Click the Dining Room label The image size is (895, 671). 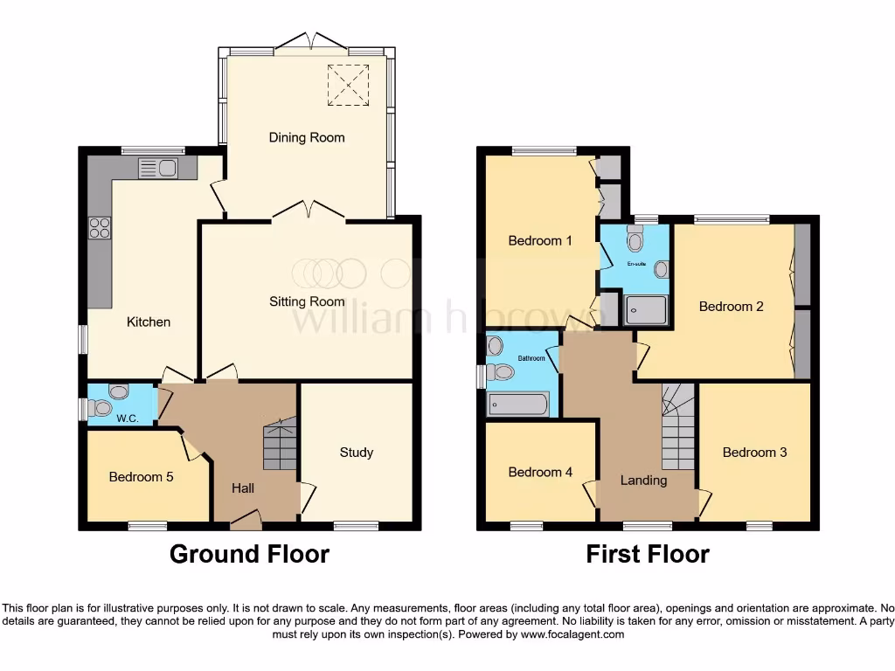click(306, 137)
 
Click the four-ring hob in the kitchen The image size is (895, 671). click(100, 227)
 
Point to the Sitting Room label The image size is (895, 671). click(306, 301)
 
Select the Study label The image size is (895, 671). click(356, 452)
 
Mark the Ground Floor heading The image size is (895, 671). click(249, 554)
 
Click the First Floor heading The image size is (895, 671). click(647, 554)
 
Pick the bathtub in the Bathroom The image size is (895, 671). click(517, 405)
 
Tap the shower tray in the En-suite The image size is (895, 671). click(646, 309)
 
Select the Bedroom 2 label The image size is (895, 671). click(731, 307)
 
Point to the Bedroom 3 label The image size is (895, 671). click(754, 453)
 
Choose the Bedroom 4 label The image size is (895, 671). click(540, 472)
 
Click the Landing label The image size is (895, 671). click(643, 480)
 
